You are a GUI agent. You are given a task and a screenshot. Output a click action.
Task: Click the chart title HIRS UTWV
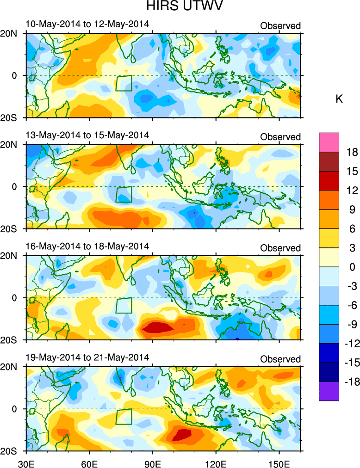click(180, 7)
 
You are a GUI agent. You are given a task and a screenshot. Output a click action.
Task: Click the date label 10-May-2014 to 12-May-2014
click(87, 24)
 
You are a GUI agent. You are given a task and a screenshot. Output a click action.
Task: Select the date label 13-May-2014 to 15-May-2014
click(87, 135)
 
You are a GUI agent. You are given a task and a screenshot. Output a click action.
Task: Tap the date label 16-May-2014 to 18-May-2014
click(87, 246)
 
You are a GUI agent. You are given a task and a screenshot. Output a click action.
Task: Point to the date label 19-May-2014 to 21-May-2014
click(87, 357)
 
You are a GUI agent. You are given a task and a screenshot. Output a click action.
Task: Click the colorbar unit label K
click(339, 99)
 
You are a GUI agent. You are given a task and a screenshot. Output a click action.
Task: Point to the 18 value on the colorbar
click(352, 152)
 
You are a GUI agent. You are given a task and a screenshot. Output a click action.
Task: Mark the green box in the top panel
click(124, 83)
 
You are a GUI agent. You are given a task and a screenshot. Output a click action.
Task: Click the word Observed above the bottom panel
click(280, 359)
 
